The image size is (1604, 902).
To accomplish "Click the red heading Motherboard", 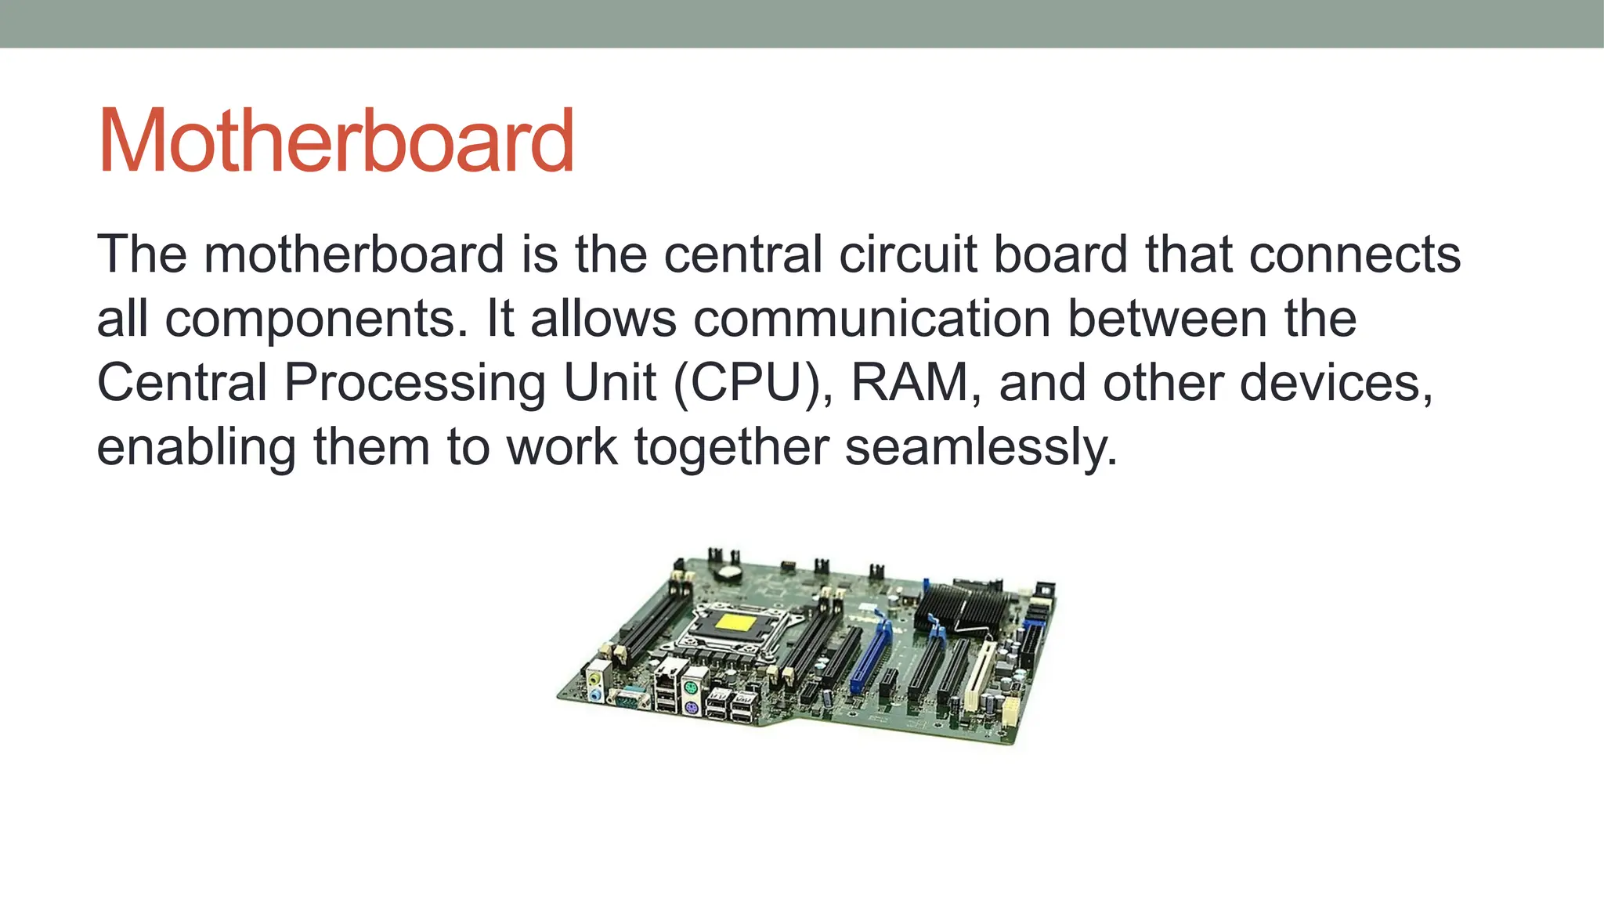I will tap(336, 142).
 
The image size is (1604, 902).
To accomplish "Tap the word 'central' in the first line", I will tap(744, 254).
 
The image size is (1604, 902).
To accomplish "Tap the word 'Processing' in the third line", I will tap(415, 383).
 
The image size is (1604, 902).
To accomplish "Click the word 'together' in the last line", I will tap(732, 447).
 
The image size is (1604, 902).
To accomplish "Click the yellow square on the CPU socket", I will tap(737, 625).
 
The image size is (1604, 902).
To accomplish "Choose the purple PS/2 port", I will tap(691, 709).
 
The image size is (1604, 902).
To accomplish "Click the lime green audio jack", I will tap(596, 678).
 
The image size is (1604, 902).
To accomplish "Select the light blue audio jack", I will tap(596, 694).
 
